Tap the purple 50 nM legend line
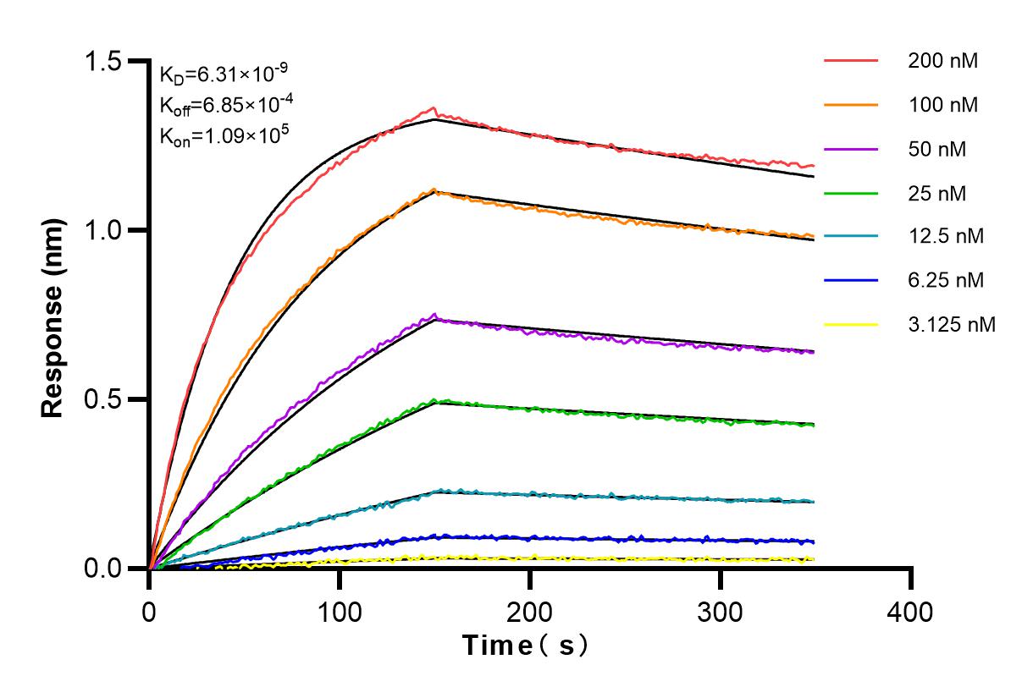[x=850, y=149]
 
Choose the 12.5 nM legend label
[x=945, y=237]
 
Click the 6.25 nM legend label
[x=945, y=280]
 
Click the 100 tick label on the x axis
[x=340, y=611]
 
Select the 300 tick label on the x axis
[x=721, y=611]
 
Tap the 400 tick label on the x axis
[x=911, y=611]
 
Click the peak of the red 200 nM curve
[x=434, y=107]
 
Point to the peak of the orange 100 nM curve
[x=434, y=190]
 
